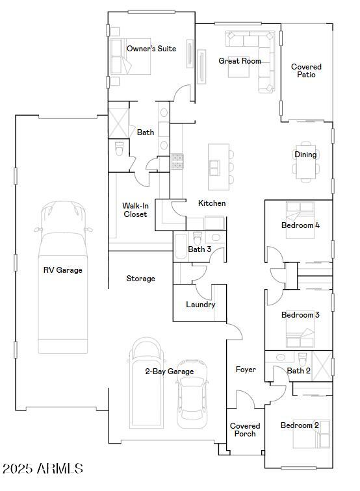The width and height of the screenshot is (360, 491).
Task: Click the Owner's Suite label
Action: [151, 49]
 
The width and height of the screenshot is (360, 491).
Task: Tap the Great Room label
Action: [239, 61]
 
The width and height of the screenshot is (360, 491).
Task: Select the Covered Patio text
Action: [306, 71]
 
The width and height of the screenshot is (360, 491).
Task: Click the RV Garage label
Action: [62, 270]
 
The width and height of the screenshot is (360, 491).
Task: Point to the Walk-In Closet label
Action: [135, 210]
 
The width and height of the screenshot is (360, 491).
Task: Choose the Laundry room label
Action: [200, 305]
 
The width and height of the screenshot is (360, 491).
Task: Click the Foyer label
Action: [246, 370]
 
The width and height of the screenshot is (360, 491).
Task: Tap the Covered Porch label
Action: [245, 430]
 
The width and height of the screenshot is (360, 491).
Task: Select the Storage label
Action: [140, 279]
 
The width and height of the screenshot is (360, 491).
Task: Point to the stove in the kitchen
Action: [177, 162]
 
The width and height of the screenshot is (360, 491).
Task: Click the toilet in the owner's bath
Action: [118, 149]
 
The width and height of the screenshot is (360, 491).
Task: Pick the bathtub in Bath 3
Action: [180, 249]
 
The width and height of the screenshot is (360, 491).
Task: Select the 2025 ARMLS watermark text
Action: [42, 468]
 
